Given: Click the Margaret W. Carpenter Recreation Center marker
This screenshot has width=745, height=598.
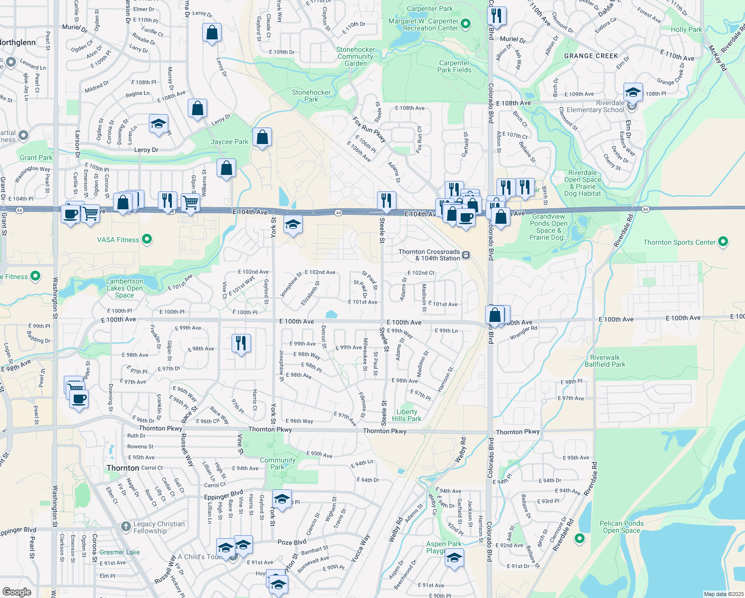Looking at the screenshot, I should pos(466,23).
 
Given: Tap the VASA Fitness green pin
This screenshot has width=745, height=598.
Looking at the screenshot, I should pos(147,240).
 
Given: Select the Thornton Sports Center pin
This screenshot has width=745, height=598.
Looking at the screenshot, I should pos(723,242).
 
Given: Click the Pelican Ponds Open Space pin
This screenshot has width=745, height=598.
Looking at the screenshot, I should pos(579,538).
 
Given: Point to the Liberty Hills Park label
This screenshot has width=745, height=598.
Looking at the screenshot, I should pos(406,415).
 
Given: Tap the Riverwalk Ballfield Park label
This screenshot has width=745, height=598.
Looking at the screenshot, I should pos(605,361).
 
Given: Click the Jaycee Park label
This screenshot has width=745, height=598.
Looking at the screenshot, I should pos(229,142).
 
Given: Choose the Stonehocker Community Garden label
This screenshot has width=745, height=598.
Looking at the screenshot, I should pos(356,56).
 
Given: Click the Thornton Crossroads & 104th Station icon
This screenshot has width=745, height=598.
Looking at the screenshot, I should pos(466,255).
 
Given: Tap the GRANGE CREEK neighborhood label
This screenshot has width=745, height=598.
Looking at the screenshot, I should pos(591,56).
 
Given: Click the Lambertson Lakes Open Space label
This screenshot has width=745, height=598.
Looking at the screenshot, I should pos(124,288).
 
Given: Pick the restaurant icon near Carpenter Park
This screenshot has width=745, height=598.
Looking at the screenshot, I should pos(497,16).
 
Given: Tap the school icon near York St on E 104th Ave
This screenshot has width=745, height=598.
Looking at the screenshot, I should pos(293,225).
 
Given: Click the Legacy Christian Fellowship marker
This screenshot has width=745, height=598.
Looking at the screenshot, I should pos(125,525).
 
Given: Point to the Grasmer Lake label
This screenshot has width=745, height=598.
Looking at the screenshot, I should pos(120,552).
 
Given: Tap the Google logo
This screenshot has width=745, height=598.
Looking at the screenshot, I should pos(16,592).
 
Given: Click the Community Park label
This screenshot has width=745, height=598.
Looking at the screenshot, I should pos(277,463).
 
